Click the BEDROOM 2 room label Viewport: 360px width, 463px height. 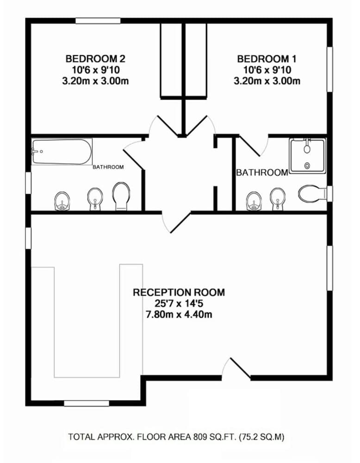(95, 59)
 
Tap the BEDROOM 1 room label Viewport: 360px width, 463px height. (267, 59)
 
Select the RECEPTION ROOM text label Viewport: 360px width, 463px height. (179, 293)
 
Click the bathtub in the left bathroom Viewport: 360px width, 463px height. (62, 152)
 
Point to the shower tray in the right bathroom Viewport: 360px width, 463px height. (307, 155)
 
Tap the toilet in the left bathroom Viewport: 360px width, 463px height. (121, 196)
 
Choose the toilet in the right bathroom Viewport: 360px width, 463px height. (310, 193)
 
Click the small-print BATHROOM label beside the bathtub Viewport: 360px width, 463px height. (108, 167)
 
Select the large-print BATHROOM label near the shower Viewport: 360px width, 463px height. (262, 173)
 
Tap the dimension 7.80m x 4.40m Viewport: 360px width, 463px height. (179, 315)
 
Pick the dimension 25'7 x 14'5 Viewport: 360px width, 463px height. (179, 304)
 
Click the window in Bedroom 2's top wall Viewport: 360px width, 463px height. (98, 20)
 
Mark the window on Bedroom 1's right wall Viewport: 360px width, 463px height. (330, 69)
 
